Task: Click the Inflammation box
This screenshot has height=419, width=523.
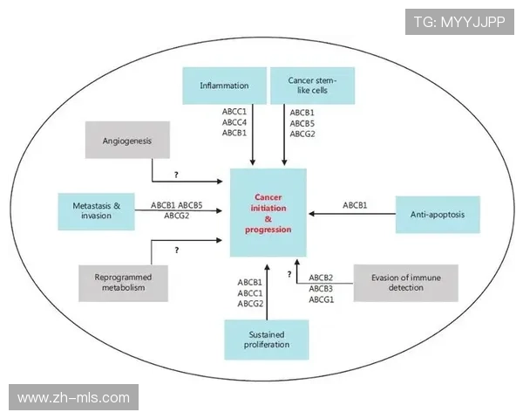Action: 224,86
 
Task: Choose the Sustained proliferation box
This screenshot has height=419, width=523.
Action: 267,340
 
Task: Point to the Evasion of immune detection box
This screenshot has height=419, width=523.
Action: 404,282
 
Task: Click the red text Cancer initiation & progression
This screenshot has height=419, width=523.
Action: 268,213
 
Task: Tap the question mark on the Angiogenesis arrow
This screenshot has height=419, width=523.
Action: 176,175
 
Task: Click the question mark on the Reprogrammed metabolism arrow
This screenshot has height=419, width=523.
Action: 176,251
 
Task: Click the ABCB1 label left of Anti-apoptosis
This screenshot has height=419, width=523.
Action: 355,205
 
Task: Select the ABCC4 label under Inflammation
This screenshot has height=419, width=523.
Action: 234,122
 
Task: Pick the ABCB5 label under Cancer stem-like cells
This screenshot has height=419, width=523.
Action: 302,122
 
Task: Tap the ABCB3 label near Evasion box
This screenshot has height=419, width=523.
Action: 321,288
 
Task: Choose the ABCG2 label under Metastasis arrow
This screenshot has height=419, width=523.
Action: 176,215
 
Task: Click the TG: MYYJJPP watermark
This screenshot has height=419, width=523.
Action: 458,20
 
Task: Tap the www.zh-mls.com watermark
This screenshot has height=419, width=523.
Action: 73,397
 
